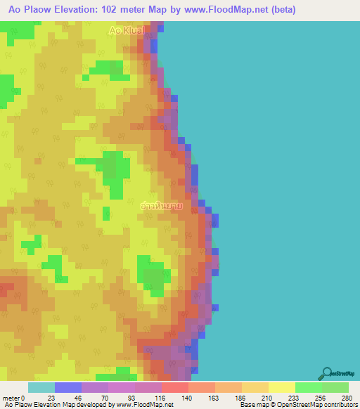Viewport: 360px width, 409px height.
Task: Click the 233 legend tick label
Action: tap(295, 398)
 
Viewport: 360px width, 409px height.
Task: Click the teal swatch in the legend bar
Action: tap(41, 387)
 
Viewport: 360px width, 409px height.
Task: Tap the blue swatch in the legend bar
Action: tap(68, 387)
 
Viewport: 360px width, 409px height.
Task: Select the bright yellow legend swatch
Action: tap(281, 387)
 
